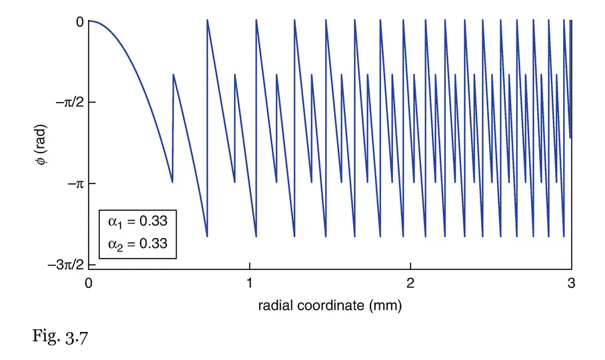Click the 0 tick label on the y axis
[x=79, y=21]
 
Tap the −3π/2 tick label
[x=65, y=264]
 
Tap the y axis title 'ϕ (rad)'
[x=41, y=143]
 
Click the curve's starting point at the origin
[x=89, y=21]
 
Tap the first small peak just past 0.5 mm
[x=173, y=75]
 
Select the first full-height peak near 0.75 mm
[x=207, y=21]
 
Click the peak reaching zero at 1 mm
[x=257, y=21]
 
